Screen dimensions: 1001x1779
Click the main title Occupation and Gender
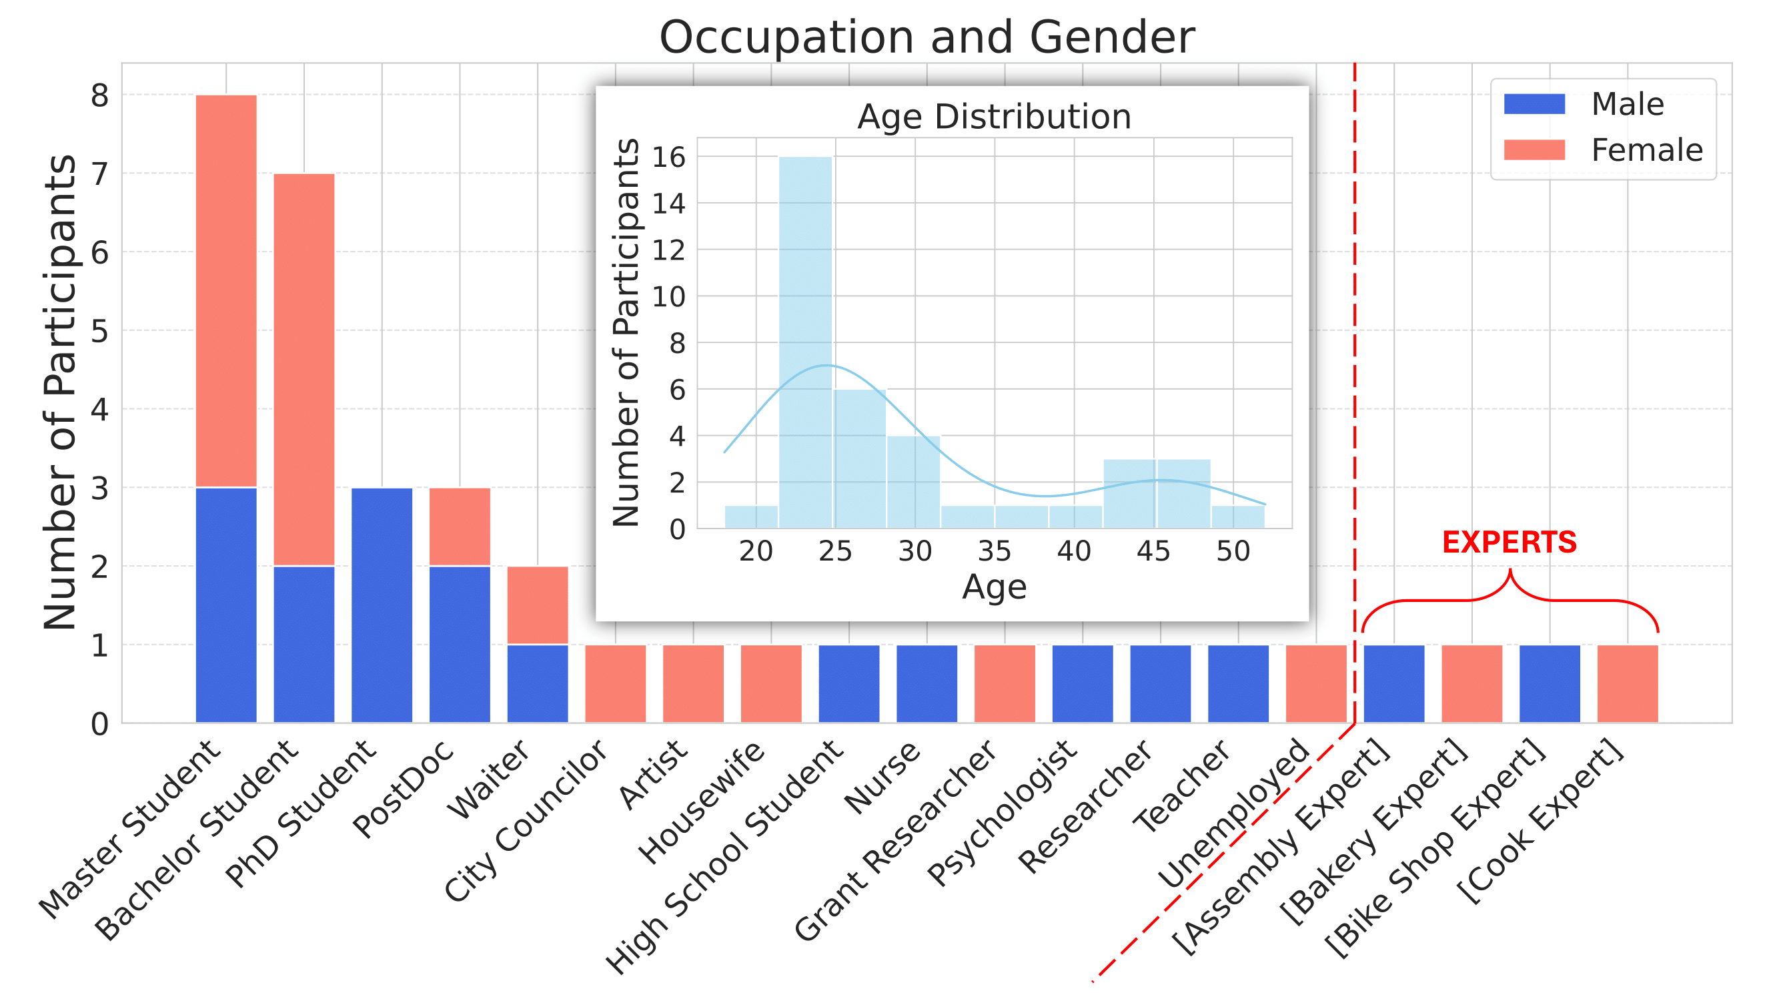click(927, 37)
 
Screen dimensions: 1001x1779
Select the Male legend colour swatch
click(1534, 104)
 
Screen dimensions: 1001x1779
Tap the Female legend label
click(1646, 150)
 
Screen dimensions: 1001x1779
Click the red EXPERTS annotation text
click(1509, 543)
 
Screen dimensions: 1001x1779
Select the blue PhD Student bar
click(382, 605)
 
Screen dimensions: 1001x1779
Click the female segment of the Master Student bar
click(227, 290)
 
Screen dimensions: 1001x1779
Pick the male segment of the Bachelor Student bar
click(304, 644)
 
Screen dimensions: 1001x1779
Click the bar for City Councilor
click(615, 683)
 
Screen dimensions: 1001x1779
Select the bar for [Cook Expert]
click(1627, 683)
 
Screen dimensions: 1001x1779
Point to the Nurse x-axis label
click(882, 778)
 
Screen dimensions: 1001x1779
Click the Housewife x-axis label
click(701, 801)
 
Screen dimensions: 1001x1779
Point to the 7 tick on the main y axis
click(100, 174)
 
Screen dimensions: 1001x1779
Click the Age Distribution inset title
click(994, 117)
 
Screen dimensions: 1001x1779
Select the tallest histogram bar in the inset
click(805, 342)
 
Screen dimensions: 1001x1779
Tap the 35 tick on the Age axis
click(995, 551)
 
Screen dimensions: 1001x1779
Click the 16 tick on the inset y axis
click(668, 157)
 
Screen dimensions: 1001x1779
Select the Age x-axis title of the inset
click(994, 587)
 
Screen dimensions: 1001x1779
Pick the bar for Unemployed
click(1315, 683)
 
